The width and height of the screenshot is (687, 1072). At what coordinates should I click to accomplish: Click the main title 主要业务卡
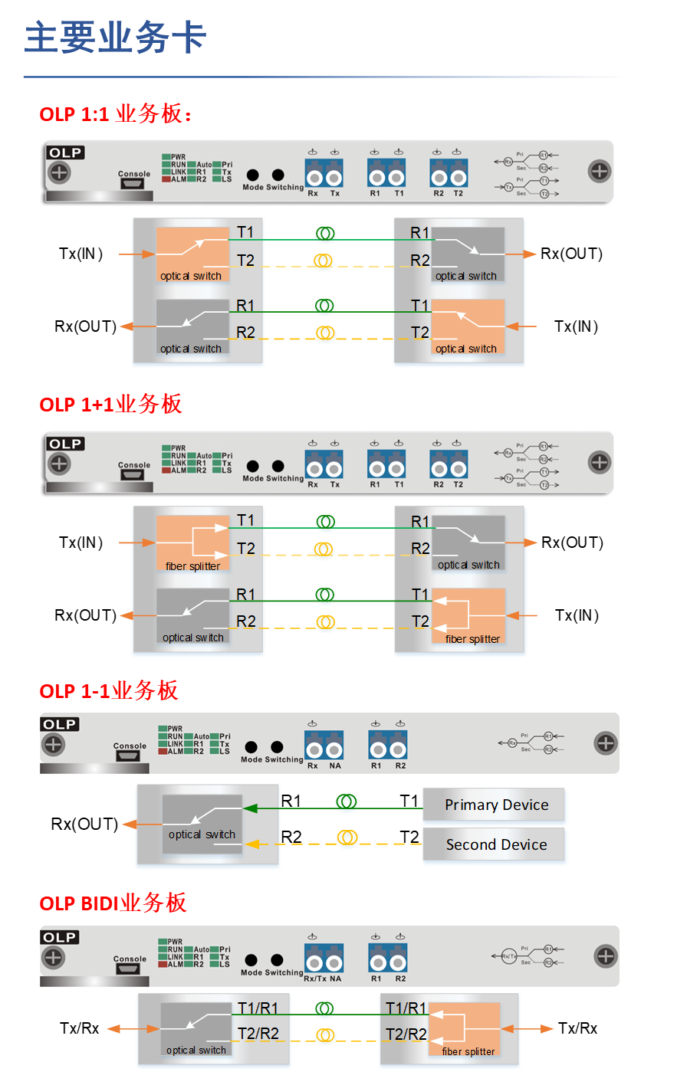pos(115,38)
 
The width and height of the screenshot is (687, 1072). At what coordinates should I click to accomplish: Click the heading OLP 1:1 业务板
pos(115,115)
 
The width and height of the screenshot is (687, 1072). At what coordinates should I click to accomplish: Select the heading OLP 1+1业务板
pos(110,405)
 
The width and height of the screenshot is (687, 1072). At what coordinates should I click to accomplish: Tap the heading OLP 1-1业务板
pos(108,691)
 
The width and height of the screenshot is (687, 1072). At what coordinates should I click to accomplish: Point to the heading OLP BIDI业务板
pos(113,903)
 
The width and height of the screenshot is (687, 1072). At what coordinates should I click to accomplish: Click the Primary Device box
pos(495,805)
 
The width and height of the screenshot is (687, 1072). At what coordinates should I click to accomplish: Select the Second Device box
pos(495,845)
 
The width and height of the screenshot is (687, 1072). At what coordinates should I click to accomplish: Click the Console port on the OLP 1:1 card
pos(134,185)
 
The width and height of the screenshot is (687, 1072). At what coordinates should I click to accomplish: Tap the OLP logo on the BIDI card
pos(59,938)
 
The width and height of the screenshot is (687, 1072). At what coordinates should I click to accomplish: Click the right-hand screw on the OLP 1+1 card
pos(599,462)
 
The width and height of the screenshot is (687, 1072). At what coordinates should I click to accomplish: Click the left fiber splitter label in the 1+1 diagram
pos(192,566)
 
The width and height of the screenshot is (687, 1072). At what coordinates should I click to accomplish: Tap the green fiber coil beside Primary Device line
pos(347,802)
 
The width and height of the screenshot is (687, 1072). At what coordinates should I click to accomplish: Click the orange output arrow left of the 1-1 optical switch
pos(131,824)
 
